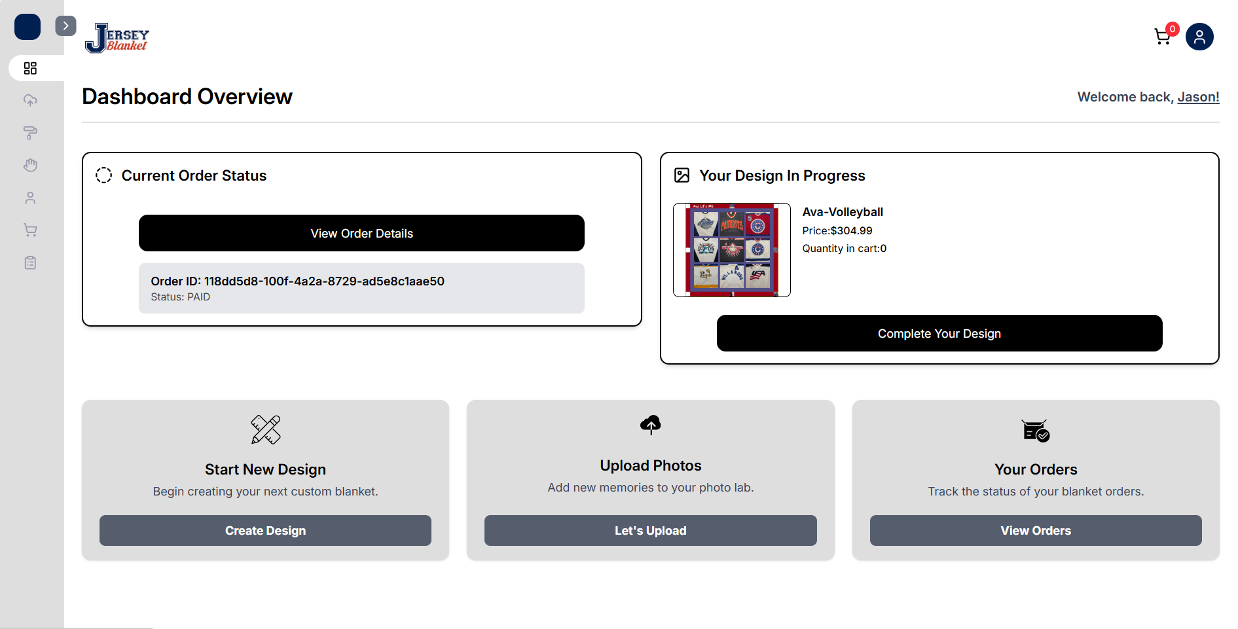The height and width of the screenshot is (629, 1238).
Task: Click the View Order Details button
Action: point(361,233)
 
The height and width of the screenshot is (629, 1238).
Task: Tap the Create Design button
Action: point(265,530)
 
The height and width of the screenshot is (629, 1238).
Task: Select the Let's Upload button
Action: point(650,530)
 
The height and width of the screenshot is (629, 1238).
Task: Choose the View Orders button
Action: point(1035,530)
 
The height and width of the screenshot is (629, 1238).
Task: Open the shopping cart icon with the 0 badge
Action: point(1163,37)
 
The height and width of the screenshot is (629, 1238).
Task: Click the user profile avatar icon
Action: point(1199,37)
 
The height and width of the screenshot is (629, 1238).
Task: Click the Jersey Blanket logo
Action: point(117,38)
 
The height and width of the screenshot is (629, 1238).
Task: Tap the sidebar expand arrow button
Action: point(65,26)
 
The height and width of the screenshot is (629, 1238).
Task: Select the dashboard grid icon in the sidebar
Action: point(30,68)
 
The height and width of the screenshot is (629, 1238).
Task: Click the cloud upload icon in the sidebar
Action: point(30,100)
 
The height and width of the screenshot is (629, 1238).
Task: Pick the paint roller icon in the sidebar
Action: point(30,133)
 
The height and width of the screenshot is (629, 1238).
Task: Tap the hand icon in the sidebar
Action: point(30,165)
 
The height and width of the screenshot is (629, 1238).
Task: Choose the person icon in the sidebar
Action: point(30,198)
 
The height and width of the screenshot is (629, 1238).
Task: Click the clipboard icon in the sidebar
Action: point(30,262)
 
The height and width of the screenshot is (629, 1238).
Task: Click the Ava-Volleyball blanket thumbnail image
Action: point(731,250)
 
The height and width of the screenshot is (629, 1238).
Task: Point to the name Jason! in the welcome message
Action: point(1198,97)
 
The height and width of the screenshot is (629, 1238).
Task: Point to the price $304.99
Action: point(851,230)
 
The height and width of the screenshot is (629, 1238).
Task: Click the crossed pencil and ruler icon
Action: point(265,429)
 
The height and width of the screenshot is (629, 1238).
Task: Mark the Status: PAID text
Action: point(181,297)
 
